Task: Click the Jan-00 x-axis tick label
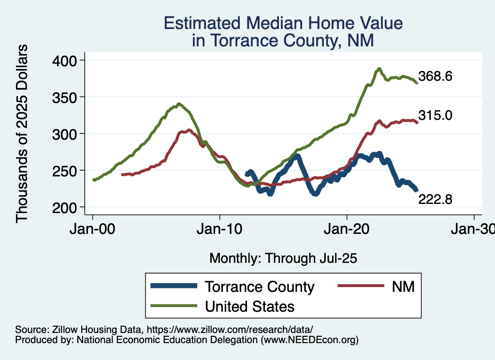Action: (93, 229)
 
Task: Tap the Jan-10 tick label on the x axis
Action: (220, 229)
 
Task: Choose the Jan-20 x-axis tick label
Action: (347, 229)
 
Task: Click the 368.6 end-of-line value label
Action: (435, 76)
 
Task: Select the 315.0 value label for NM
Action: (435, 115)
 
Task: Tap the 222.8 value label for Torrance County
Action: (435, 199)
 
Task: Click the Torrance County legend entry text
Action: (260, 287)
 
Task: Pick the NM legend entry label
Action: (404, 287)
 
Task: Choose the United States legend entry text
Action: (250, 306)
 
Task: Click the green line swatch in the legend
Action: (174, 306)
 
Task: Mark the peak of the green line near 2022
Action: (379, 69)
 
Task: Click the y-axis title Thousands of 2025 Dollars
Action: (22, 133)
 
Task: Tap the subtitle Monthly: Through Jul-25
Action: (283, 258)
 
